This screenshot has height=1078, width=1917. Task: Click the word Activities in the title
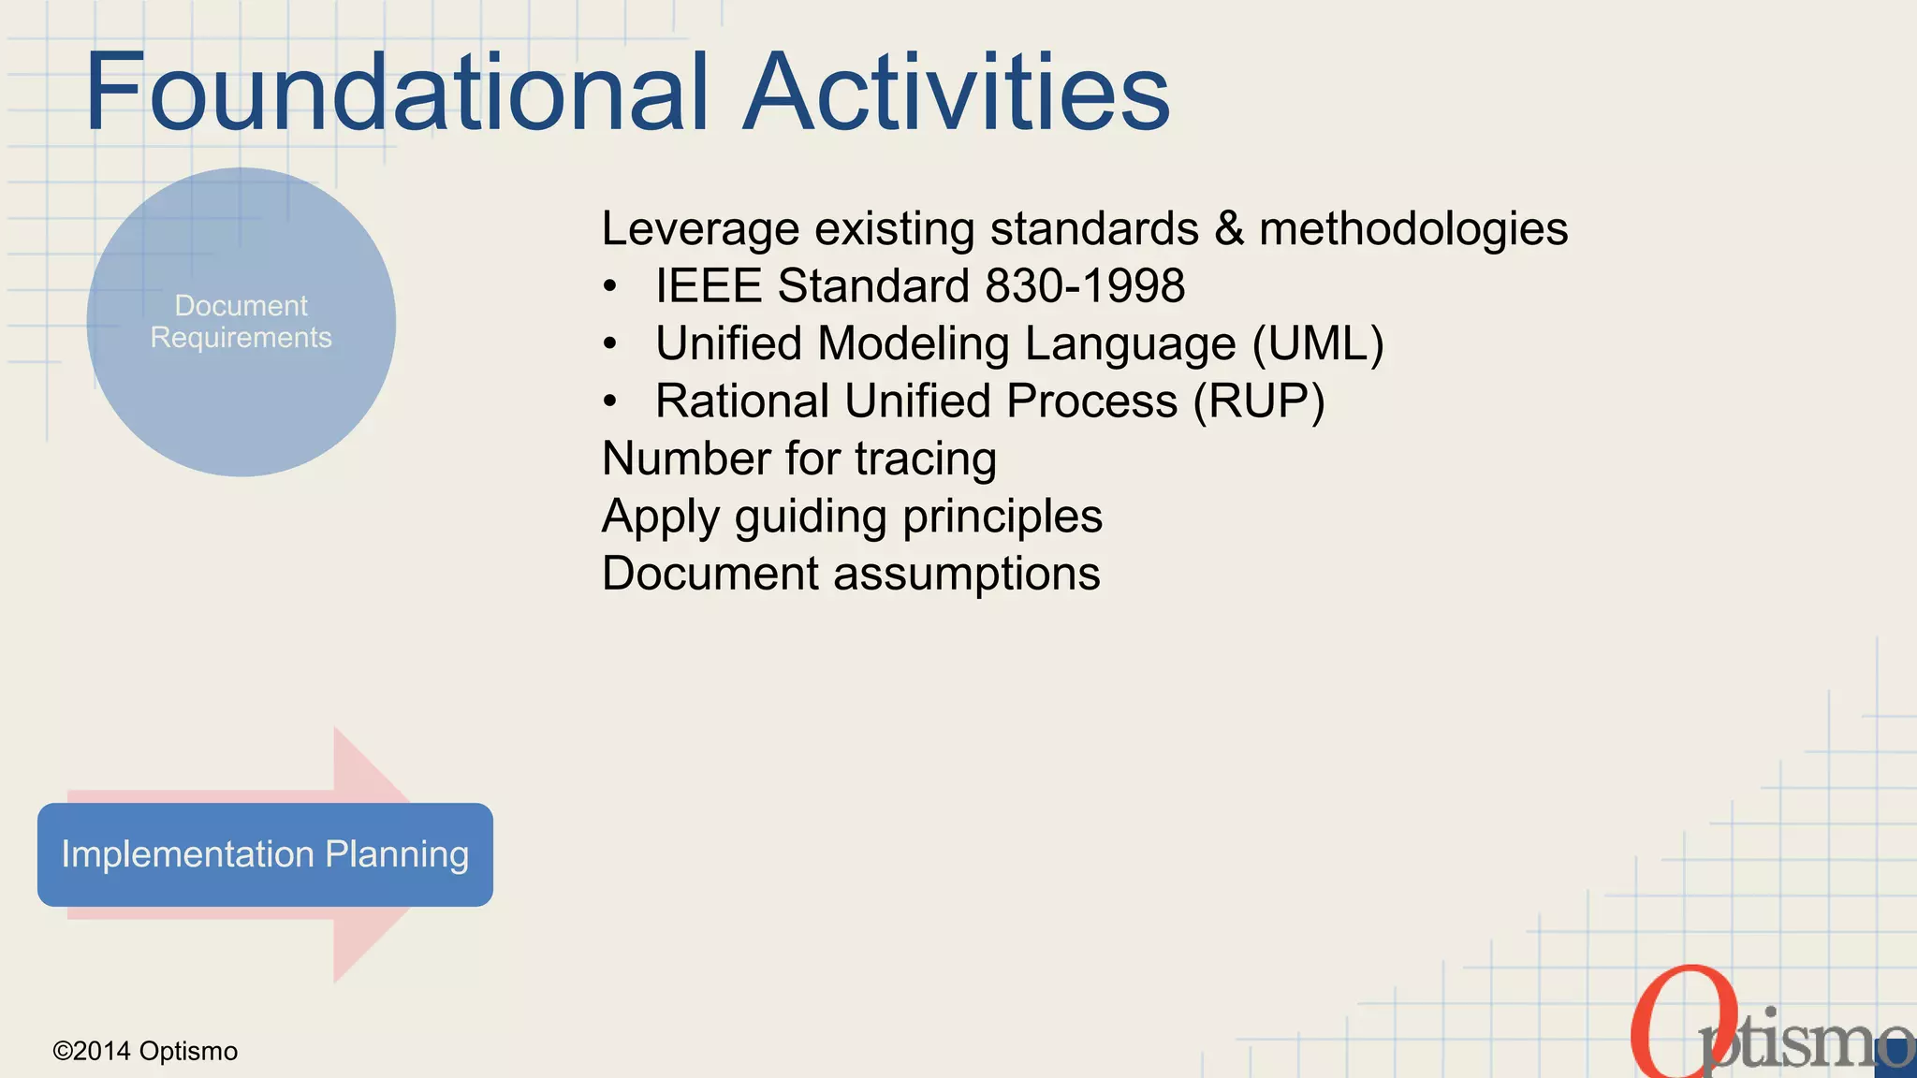tap(957, 92)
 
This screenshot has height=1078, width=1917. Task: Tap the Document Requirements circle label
tap(241, 321)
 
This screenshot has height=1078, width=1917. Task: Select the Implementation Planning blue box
tap(265, 854)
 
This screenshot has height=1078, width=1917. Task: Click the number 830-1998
tap(1085, 285)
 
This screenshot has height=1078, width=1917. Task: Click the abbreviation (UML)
tap(1318, 343)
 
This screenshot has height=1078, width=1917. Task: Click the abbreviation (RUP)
tap(1259, 401)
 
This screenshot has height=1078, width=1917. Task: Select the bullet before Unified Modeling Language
tap(610, 345)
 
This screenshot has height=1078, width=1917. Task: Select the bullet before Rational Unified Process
tap(610, 402)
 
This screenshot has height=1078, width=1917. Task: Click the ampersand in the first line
tap(1229, 229)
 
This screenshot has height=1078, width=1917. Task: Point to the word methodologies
tap(1413, 229)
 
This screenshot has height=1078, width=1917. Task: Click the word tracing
tap(925, 459)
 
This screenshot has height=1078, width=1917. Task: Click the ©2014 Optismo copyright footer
tap(145, 1051)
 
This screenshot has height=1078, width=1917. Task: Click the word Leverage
tap(700, 229)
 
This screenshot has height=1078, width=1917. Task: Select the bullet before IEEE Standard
tap(610, 287)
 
